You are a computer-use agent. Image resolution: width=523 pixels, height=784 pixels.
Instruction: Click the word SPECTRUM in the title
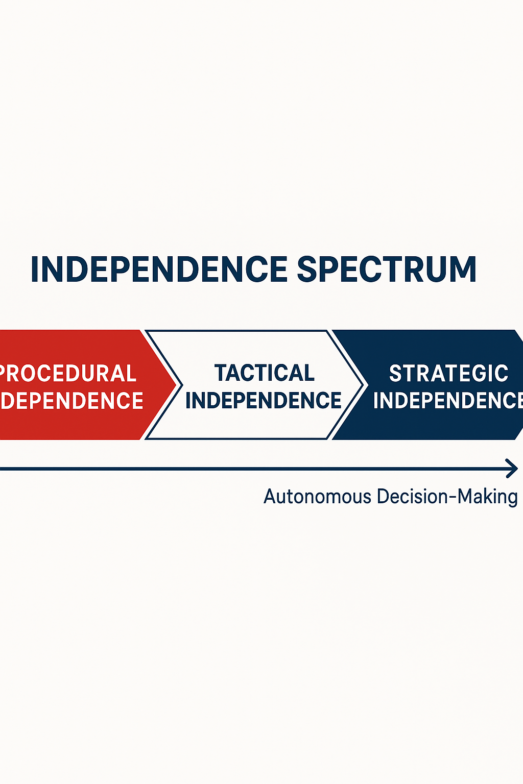[x=387, y=269]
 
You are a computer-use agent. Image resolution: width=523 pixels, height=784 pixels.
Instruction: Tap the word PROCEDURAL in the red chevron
[x=67, y=374]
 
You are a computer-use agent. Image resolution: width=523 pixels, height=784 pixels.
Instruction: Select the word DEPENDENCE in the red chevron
[x=72, y=401]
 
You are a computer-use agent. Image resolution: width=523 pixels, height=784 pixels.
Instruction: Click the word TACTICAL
[x=265, y=373]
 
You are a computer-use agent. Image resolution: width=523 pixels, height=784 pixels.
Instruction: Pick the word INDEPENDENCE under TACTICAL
[x=263, y=401]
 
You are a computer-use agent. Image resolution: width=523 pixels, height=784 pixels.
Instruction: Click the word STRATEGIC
[x=448, y=374]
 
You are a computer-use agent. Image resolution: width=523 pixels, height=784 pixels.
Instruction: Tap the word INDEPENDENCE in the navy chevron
[x=447, y=401]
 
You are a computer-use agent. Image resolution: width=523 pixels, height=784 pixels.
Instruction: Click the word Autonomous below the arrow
[x=317, y=497]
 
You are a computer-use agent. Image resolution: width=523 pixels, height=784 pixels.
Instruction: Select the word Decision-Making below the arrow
[x=447, y=497]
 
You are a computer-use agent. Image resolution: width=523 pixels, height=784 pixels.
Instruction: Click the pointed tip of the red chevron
[x=176, y=385]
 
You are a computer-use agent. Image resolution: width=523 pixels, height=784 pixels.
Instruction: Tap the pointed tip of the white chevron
[x=363, y=385]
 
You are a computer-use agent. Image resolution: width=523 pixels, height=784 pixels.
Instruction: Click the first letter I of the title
[x=35, y=269]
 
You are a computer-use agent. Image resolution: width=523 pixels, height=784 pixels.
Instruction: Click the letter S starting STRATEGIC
[x=396, y=374]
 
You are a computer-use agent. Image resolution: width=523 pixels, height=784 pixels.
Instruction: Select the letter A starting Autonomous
[x=270, y=497]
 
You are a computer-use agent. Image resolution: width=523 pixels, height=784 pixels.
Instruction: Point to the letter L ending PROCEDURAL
[x=131, y=374]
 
